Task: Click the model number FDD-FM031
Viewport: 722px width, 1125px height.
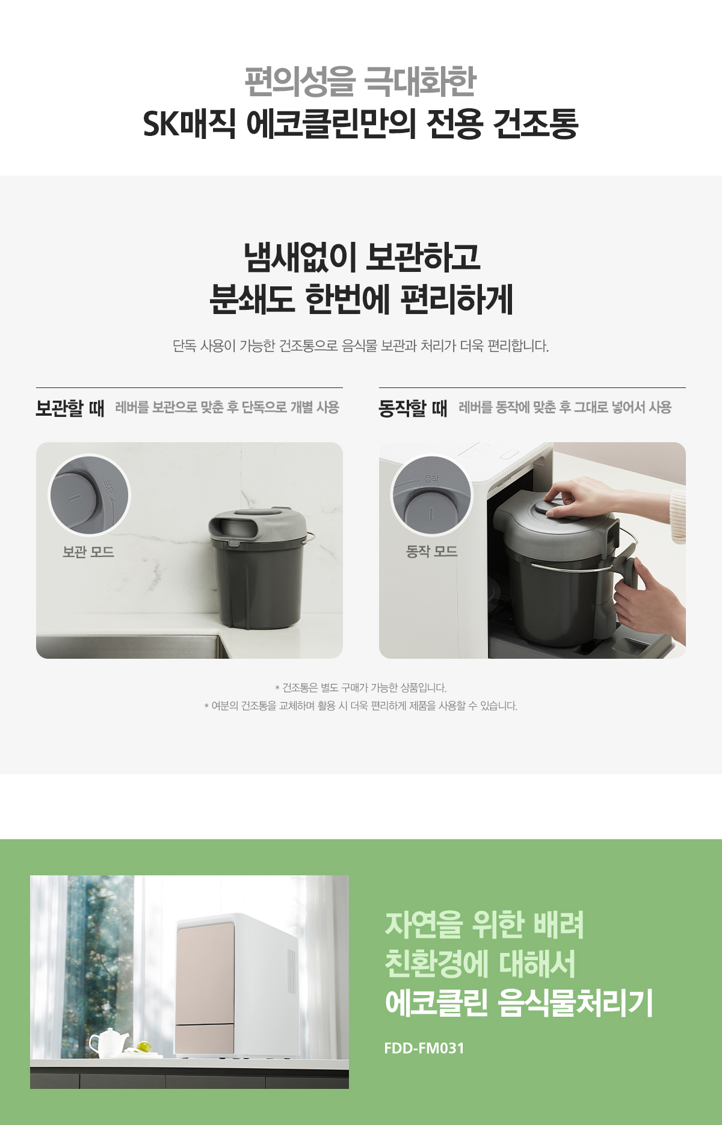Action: (424, 1048)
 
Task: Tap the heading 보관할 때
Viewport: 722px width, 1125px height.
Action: (70, 408)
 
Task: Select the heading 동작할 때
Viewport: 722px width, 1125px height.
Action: (413, 408)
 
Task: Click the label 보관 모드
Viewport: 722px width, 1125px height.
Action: (88, 551)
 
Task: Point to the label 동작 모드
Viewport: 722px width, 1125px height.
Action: (431, 551)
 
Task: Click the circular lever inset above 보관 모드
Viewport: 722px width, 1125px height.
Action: (89, 495)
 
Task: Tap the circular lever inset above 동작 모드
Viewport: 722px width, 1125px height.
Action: (431, 495)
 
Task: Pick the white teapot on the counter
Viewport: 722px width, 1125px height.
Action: (108, 1042)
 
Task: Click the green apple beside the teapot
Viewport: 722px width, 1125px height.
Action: (143, 1047)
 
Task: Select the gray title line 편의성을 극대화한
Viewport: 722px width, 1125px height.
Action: (360, 81)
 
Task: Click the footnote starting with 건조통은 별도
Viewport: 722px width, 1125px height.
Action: (360, 687)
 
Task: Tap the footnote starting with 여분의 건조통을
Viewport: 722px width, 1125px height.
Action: (360, 706)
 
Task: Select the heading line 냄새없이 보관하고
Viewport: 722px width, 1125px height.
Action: (362, 257)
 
